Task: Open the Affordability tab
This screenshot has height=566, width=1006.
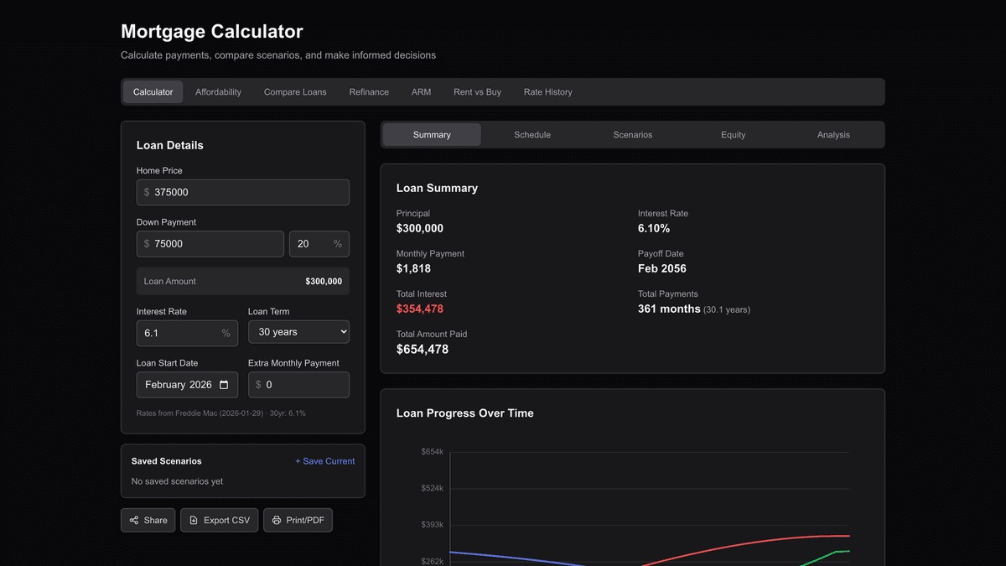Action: [x=218, y=92]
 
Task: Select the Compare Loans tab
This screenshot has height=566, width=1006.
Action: [x=295, y=92]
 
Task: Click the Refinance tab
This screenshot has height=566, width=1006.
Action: [x=369, y=92]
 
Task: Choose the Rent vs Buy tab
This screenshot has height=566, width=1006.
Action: [x=477, y=92]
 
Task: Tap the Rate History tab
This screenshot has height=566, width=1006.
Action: [x=547, y=92]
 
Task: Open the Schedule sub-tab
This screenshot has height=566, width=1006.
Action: [x=532, y=135]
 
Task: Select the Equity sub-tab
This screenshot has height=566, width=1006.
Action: [x=733, y=135]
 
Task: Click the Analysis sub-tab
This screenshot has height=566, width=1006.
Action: [x=833, y=135]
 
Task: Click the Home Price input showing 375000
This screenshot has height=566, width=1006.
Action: [x=243, y=192]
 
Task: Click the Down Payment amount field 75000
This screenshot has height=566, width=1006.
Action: [x=210, y=244]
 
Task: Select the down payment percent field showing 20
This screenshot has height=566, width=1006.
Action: [x=312, y=244]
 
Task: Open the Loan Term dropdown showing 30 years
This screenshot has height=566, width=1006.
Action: [x=298, y=332]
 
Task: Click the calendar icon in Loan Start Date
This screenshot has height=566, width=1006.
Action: [x=224, y=385]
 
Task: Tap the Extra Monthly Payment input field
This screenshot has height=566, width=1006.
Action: [x=299, y=385]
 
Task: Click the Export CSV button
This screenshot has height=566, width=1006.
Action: [x=219, y=521]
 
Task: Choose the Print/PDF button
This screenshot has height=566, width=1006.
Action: [x=298, y=521]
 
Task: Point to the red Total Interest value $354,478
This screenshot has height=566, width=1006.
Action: [x=420, y=309]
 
